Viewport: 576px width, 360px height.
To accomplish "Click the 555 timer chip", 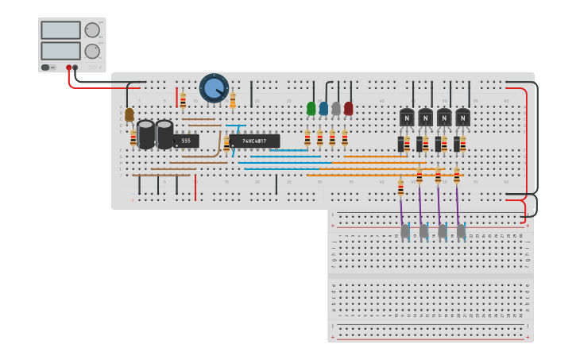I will point(186,141).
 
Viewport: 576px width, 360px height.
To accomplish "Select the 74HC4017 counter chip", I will point(254,141).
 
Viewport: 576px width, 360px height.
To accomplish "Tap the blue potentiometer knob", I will point(214,88).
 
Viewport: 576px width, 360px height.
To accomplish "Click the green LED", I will point(311,108).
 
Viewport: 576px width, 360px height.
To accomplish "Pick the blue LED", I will point(323,108).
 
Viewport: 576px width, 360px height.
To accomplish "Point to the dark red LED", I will point(348,108).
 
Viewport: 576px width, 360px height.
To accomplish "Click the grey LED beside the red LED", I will point(336,108).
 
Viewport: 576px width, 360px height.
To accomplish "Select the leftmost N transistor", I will point(408,118).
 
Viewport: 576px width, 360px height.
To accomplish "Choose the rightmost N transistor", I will point(462,118).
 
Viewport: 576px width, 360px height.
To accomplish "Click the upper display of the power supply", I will point(61,30).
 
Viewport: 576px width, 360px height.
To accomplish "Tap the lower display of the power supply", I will point(61,51).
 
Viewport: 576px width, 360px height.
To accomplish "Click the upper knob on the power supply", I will point(92,30).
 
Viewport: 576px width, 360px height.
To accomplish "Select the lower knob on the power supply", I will point(92,51).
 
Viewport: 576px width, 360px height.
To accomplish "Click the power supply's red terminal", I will point(69,68).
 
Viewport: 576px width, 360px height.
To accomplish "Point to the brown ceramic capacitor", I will point(130,114).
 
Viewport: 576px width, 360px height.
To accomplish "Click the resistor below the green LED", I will point(307,138).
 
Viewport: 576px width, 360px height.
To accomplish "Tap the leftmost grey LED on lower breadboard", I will point(405,230).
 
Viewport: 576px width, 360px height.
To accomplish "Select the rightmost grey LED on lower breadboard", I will point(461,230).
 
